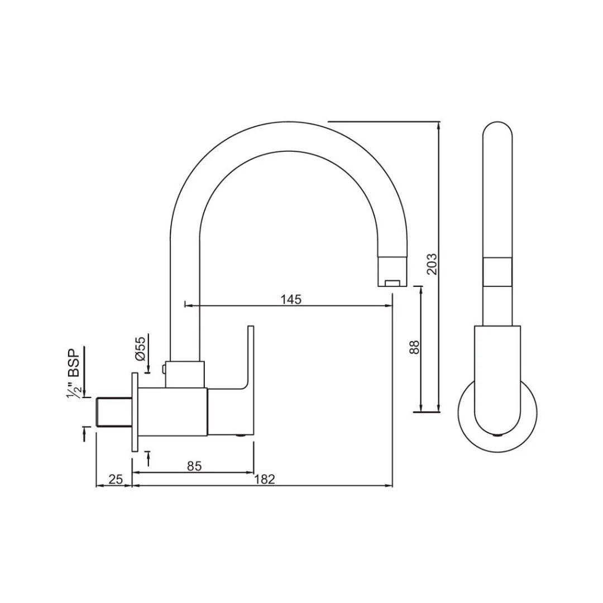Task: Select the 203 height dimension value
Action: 432,264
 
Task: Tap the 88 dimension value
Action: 414,347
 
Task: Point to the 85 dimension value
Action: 194,466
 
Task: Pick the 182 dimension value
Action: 265,479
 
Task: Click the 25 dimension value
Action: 116,479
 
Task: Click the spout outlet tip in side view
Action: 393,281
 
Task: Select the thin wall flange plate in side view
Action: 134,412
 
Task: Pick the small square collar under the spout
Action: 186,374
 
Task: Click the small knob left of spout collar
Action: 162,368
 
